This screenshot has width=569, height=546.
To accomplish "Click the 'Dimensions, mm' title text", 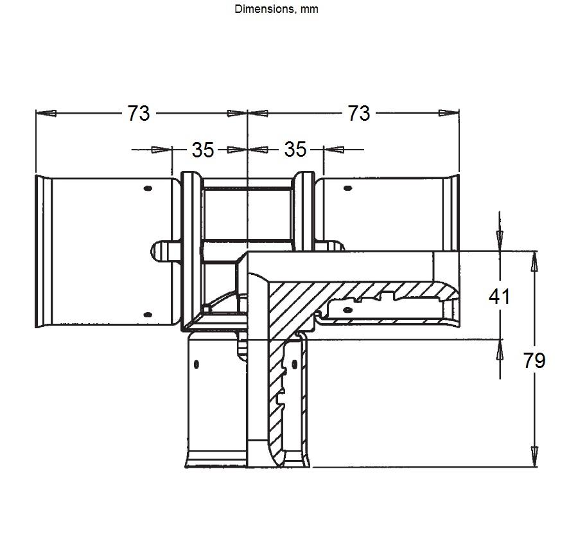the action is point(276,9).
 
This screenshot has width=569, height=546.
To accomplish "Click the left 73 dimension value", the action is point(138,113).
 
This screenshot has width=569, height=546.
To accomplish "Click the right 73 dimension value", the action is point(359,113).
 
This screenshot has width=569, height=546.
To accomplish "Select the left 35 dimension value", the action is point(203,150).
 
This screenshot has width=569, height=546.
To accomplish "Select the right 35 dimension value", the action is point(295,149).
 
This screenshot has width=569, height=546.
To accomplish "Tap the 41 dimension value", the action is point(500,296).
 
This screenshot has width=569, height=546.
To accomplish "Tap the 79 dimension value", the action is point(534,360).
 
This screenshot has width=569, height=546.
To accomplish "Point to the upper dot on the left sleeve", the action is point(148,188).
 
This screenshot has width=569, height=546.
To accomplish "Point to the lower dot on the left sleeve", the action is point(148,314).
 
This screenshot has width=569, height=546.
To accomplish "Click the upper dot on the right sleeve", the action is point(347,188).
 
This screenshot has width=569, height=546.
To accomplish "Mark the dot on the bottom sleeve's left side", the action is point(197,364).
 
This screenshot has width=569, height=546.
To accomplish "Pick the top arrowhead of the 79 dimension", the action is point(534,261).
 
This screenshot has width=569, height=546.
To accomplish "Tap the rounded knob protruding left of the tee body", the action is point(160,251).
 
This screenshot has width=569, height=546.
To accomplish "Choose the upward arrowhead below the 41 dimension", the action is point(500,349).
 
